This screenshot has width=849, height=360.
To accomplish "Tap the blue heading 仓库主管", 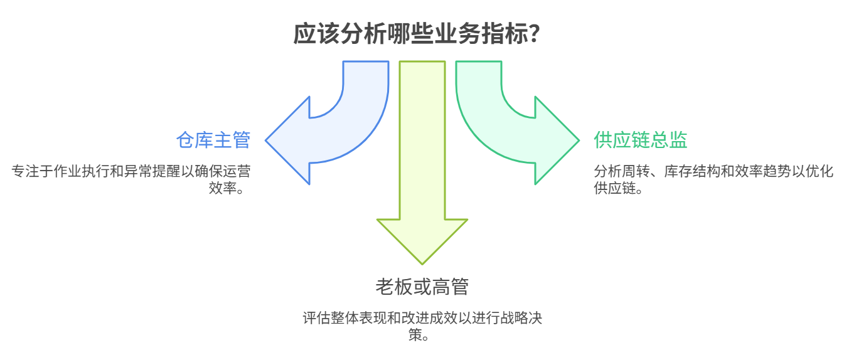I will pos(213,140).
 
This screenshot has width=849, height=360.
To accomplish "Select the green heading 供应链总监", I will pos(640,140).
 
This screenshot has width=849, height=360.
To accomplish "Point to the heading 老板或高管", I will pos(422,287).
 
